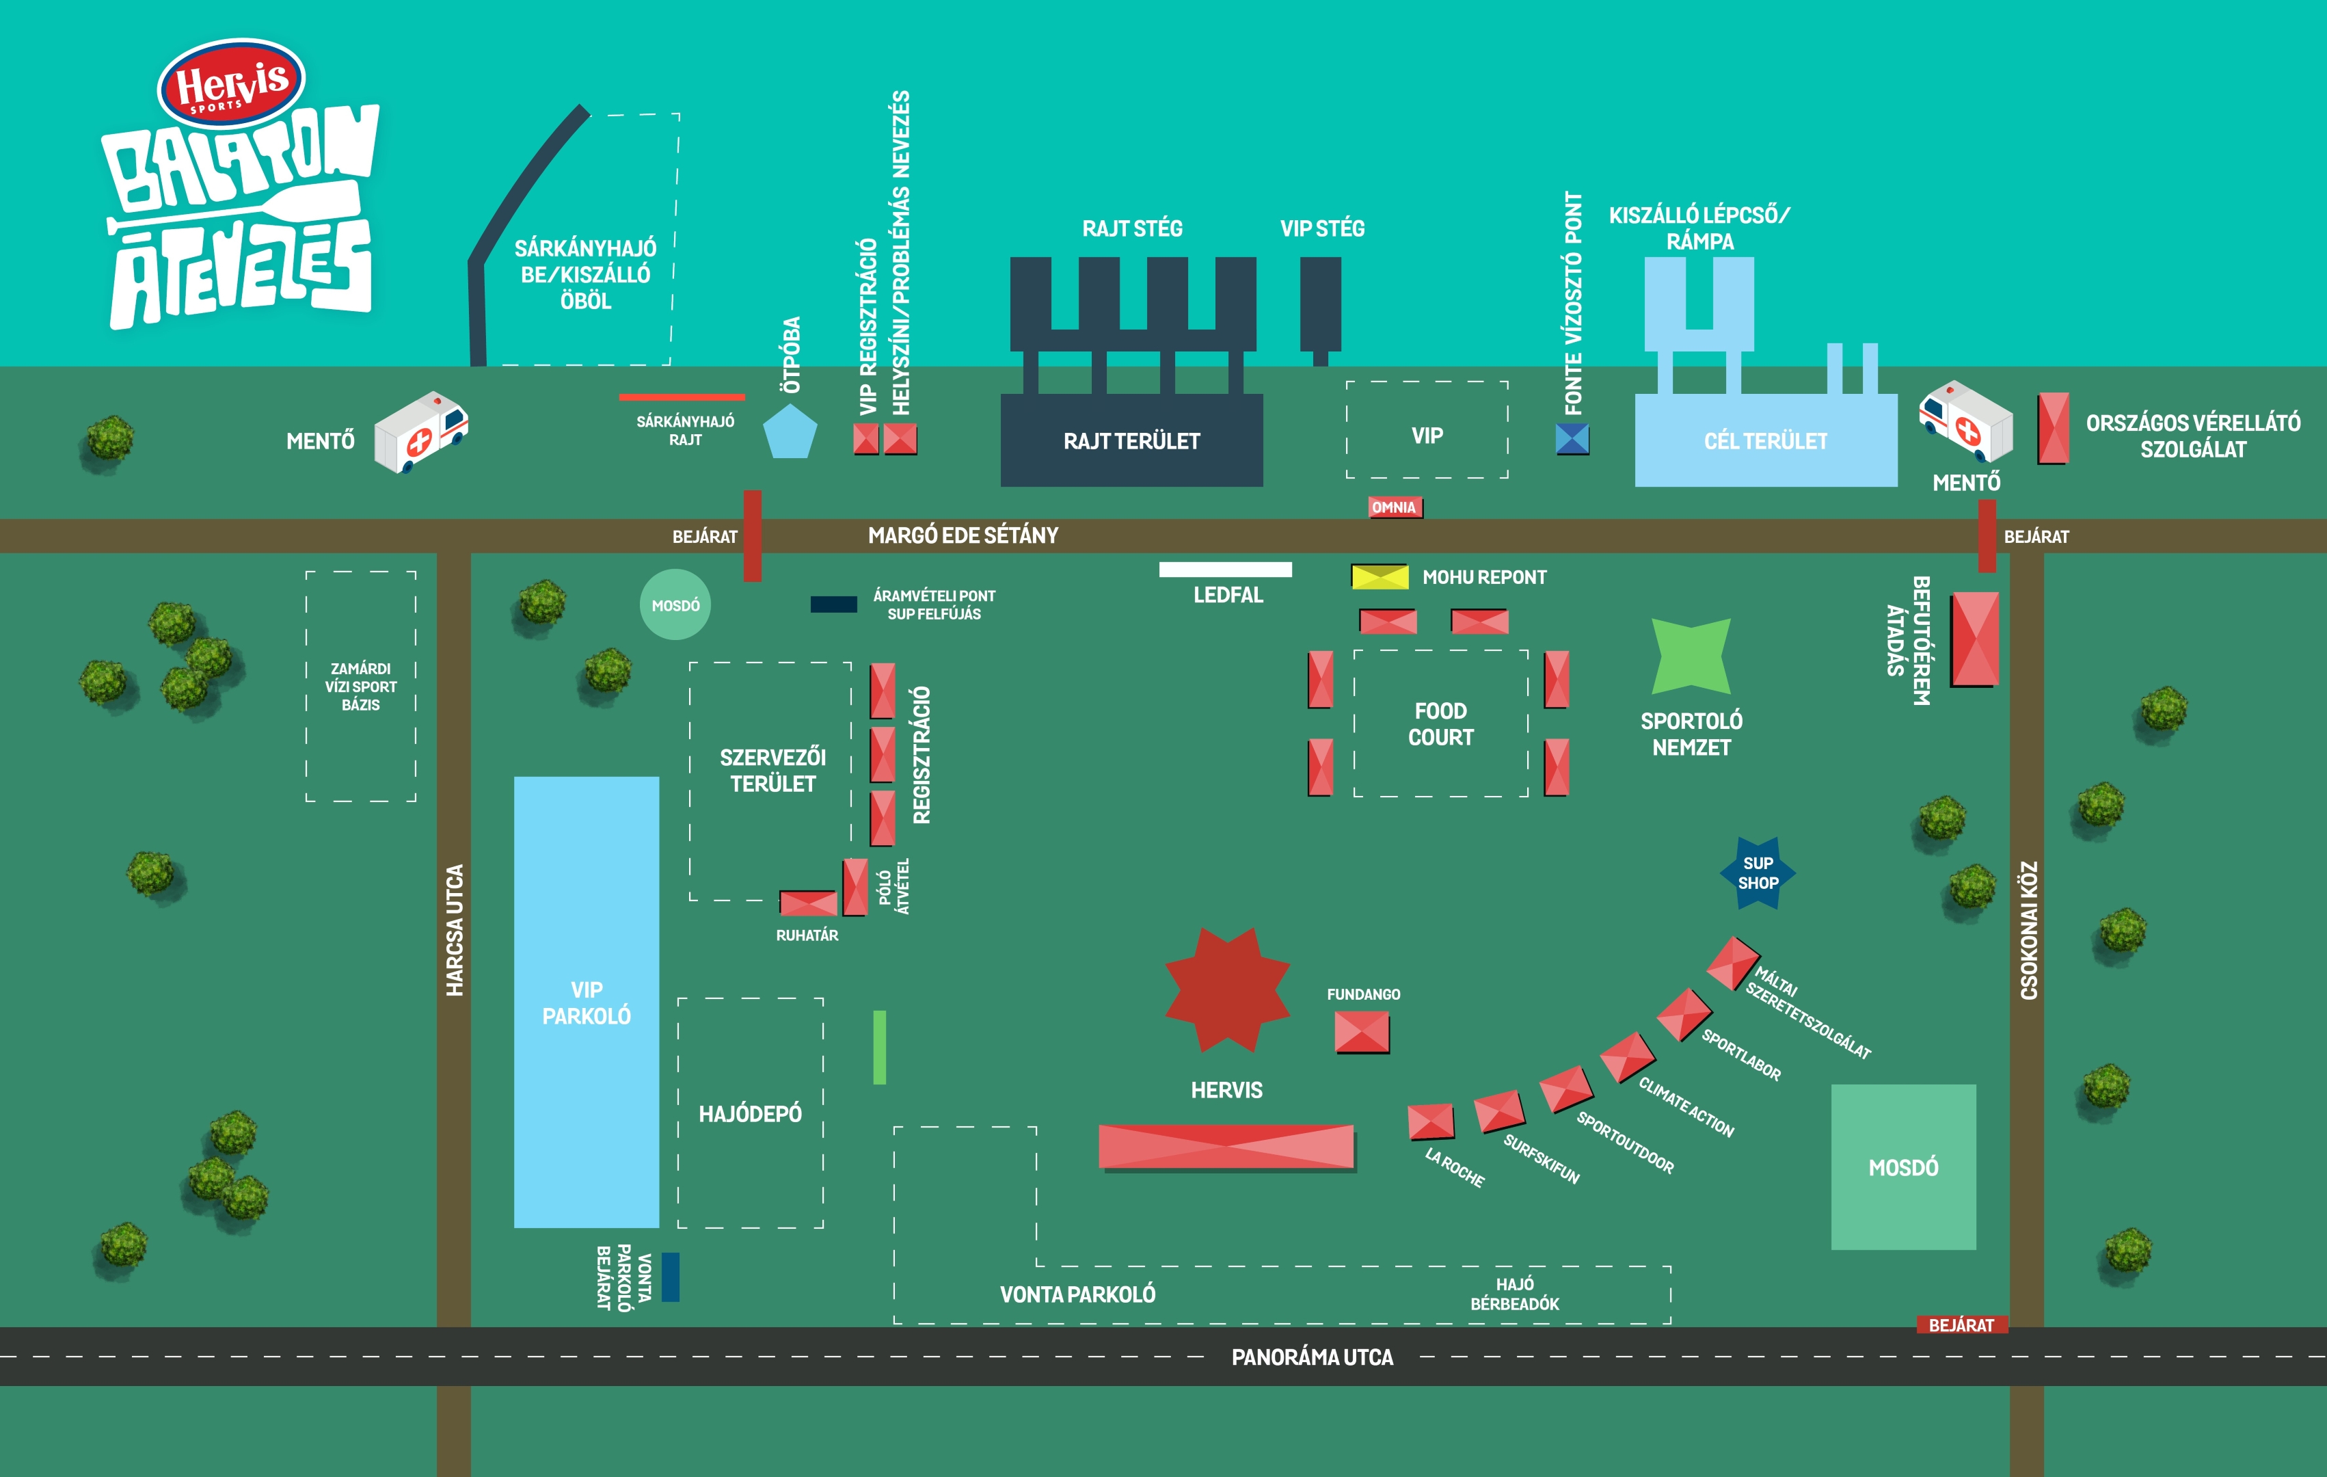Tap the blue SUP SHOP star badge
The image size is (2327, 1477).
[x=1758, y=873]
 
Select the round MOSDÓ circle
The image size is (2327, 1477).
[x=675, y=605]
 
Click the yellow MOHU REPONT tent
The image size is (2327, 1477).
[x=1379, y=577]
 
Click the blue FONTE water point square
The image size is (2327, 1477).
[x=1572, y=440]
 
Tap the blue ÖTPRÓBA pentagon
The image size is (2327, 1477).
[x=790, y=432]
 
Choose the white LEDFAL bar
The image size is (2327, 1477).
[x=1225, y=570]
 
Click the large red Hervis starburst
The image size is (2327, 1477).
[x=1227, y=989]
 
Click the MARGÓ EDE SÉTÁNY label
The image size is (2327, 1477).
[x=963, y=535]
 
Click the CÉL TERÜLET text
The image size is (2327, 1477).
[x=1766, y=442]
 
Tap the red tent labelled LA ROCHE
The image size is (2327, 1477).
[x=1430, y=1121]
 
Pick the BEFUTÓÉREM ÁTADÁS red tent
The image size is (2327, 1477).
[x=1974, y=640]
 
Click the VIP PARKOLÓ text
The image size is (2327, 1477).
[x=587, y=1002]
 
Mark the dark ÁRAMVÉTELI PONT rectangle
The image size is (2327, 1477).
[x=833, y=604]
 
